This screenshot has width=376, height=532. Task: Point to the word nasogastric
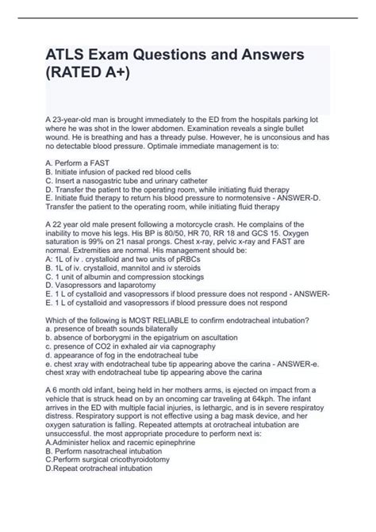tap(105, 201)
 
